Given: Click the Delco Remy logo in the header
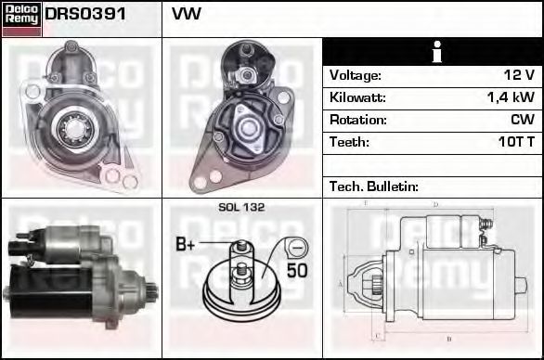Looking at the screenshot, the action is pyautogui.click(x=22, y=19).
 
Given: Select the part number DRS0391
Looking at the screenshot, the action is pyautogui.click(x=85, y=14).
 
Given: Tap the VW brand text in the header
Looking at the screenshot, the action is pyautogui.click(x=187, y=14).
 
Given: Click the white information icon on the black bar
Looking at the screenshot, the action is pyautogui.click(x=437, y=52).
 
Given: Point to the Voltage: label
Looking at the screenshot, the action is pyautogui.click(x=356, y=75).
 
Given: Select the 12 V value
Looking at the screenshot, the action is pyautogui.click(x=519, y=74).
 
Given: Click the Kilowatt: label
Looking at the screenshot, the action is pyautogui.click(x=357, y=97).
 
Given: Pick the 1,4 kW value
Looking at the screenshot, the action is pyautogui.click(x=511, y=97).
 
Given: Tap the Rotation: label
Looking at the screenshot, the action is pyautogui.click(x=358, y=120).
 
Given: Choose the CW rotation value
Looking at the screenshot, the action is pyautogui.click(x=523, y=120).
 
